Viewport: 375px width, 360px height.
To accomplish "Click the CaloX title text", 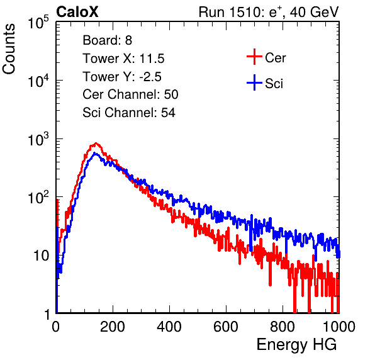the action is [x=77, y=12].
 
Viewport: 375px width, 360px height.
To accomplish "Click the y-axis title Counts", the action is [x=9, y=49].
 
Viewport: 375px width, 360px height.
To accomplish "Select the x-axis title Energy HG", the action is [x=296, y=345].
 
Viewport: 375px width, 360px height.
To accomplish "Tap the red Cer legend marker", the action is [x=254, y=57].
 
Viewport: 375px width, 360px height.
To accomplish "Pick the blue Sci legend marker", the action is [x=254, y=83].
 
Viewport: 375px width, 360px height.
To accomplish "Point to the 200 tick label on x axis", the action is [x=113, y=327].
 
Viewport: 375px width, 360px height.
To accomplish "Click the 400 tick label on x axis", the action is [x=169, y=327].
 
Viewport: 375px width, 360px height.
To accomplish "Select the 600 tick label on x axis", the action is [x=226, y=327].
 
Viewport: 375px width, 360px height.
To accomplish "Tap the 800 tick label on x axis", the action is [x=283, y=327].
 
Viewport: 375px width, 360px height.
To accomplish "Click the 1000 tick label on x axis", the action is [x=339, y=327].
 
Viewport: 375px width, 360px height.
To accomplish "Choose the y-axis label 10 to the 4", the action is [x=38, y=81].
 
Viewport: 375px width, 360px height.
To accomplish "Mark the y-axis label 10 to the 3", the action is [x=38, y=139].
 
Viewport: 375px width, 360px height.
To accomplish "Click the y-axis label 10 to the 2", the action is [x=38, y=197].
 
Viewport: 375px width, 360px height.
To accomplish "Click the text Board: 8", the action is [x=107, y=40].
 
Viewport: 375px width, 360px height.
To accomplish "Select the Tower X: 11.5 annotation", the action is [x=123, y=59].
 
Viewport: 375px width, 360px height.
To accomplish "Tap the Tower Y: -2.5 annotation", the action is [x=122, y=77].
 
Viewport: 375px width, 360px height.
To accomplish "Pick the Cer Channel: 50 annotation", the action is [x=130, y=94].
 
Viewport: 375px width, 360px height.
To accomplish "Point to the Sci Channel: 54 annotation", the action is [x=129, y=113].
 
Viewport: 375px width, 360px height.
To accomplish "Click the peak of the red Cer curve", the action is [x=96, y=143].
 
